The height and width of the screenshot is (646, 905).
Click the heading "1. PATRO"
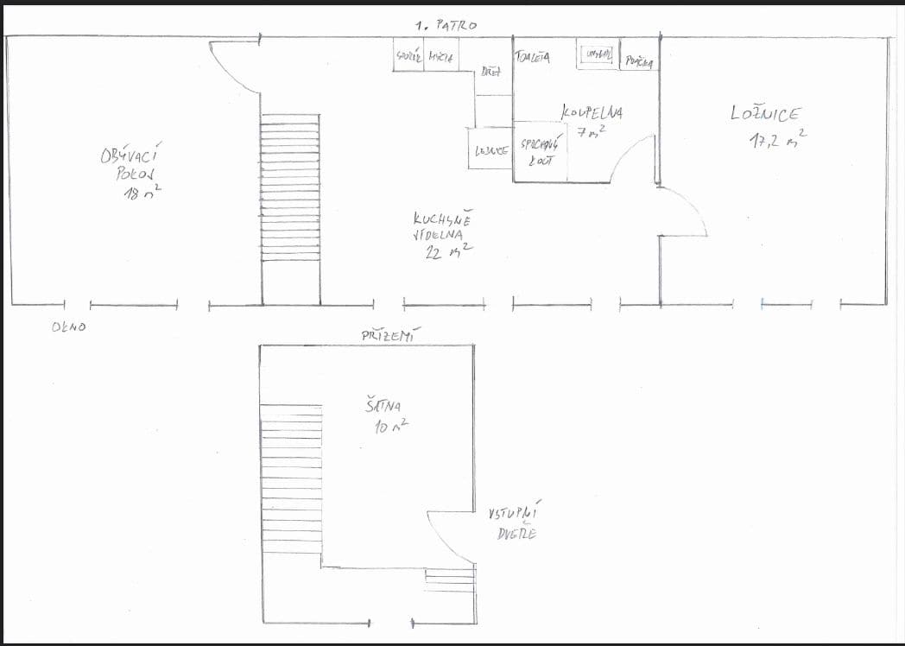[x=445, y=26]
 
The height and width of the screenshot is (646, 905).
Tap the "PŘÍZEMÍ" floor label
[x=387, y=335]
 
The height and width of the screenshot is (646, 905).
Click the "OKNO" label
[x=68, y=326]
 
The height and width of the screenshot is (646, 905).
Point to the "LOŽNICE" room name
[x=764, y=113]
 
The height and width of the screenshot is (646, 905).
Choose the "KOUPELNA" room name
[x=592, y=112]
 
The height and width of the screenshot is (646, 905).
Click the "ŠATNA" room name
[x=383, y=404]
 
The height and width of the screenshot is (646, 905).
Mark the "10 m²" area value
[x=390, y=425]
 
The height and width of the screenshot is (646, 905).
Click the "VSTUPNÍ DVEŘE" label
[x=511, y=522]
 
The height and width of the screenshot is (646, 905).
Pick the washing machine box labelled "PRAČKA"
[x=640, y=61]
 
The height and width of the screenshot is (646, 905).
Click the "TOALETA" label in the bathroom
[x=532, y=58]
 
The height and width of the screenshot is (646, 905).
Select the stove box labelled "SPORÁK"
[x=408, y=57]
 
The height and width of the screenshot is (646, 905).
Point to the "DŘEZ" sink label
[x=491, y=73]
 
